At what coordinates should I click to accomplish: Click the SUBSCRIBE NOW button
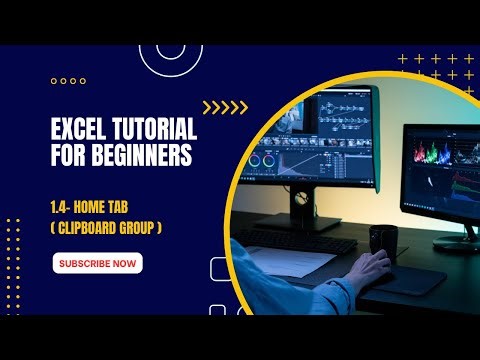tap(97, 264)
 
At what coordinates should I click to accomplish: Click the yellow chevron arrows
tap(224, 108)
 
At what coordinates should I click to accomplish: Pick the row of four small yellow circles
tap(68, 81)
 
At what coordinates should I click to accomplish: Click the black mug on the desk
tap(382, 240)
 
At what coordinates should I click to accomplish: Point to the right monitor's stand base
tap(456, 240)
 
